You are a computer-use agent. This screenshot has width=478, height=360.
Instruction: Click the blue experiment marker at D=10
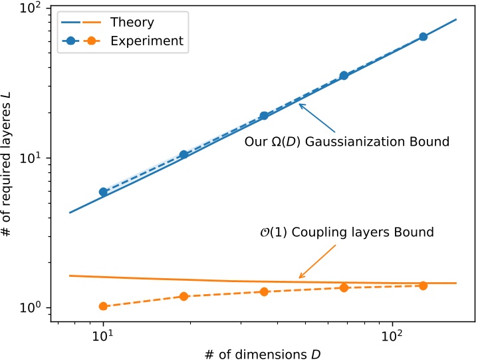point(103,192)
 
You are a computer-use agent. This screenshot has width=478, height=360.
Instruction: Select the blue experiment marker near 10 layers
point(184,154)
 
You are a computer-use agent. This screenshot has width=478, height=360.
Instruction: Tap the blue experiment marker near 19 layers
point(264,115)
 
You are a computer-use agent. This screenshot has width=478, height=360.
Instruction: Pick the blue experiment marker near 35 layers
point(344,76)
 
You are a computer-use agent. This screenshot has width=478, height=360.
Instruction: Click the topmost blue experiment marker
point(423,37)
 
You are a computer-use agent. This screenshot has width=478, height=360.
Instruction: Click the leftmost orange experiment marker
point(103,306)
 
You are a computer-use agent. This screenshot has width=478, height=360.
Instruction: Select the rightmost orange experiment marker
point(423,285)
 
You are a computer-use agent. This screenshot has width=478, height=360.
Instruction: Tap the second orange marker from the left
point(184,296)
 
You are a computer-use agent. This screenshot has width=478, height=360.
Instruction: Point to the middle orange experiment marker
point(264,291)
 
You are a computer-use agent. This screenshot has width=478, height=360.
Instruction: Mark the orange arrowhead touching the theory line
point(300,277)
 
